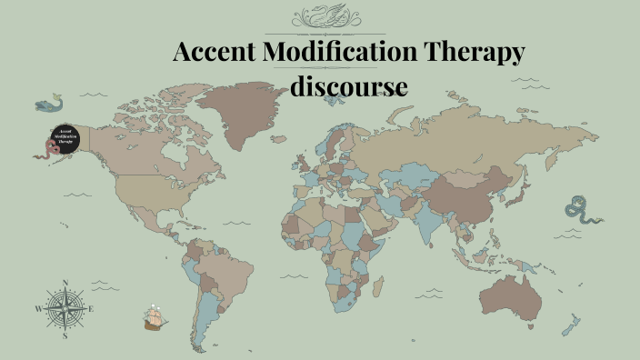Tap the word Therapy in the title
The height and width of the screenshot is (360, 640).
pyautogui.click(x=485, y=53)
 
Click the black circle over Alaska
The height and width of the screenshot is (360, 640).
pyautogui.click(x=65, y=139)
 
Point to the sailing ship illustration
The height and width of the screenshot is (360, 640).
pyautogui.click(x=155, y=317)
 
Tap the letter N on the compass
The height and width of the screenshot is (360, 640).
pyautogui.click(x=65, y=283)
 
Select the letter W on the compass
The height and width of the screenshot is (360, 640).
pyautogui.click(x=38, y=309)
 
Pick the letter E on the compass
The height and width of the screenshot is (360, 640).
pyautogui.click(x=92, y=309)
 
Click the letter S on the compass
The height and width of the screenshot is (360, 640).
pyautogui.click(x=65, y=335)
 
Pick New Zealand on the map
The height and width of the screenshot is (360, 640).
pyautogui.click(x=571, y=324)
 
